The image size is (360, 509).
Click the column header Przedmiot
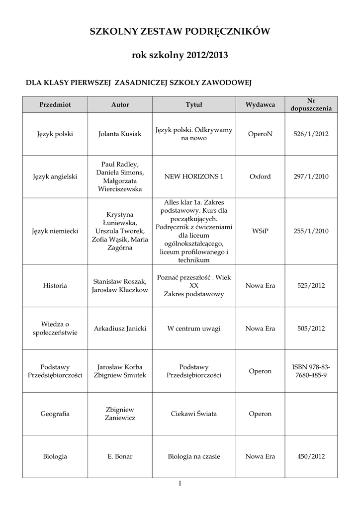point(55,105)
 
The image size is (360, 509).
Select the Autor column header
point(120,105)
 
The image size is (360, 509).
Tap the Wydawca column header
point(260,105)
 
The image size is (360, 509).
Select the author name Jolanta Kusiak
point(120,134)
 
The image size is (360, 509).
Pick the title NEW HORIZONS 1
point(194,176)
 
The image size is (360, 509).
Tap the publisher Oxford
point(260,176)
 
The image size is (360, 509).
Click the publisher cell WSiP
point(260,231)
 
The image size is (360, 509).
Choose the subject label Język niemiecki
point(55,231)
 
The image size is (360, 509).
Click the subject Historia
point(55,286)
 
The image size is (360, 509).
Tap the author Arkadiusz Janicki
point(120,329)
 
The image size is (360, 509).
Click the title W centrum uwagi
point(194,329)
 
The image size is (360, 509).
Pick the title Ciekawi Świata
point(194,414)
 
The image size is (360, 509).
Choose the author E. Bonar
point(120,456)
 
